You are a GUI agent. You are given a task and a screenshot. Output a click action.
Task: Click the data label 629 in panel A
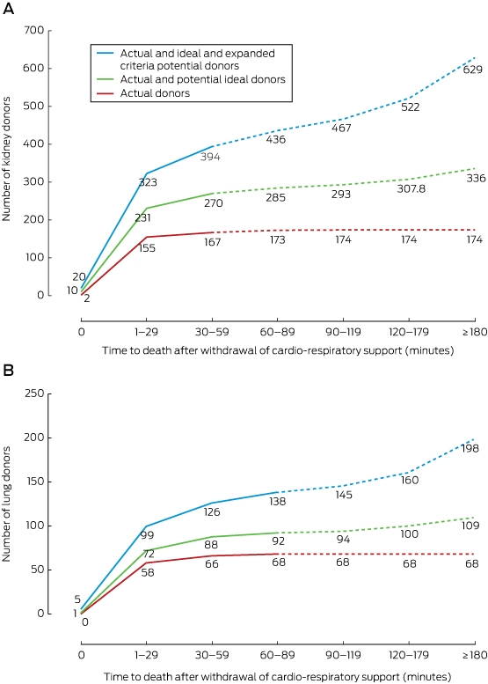pyautogui.click(x=473, y=69)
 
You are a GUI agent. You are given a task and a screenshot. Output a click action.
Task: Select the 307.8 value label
pyautogui.click(x=412, y=189)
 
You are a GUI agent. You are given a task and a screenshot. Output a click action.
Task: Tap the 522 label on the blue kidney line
pyautogui.click(x=410, y=107)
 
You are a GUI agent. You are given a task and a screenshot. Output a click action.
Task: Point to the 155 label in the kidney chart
pyautogui.click(x=147, y=247)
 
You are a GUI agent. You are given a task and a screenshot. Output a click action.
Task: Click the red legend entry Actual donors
pyautogui.click(x=155, y=93)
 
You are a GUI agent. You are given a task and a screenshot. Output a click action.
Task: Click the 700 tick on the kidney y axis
pyautogui.click(x=35, y=30)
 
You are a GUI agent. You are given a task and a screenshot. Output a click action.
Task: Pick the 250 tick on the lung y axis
pyautogui.click(x=35, y=393)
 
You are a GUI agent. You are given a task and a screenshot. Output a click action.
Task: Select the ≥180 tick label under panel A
pyautogui.click(x=475, y=332)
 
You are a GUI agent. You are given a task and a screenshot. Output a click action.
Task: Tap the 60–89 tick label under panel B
pyautogui.click(x=278, y=655)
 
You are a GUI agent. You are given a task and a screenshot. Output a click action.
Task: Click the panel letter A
pyautogui.click(x=8, y=9)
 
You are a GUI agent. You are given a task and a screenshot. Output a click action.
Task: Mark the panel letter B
pyautogui.click(x=8, y=370)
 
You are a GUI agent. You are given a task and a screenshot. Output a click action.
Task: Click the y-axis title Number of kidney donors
pyautogui.click(x=6, y=159)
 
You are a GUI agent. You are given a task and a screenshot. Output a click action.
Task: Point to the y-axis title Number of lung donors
pyautogui.click(x=6, y=504)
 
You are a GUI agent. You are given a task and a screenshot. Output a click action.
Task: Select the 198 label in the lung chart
pyautogui.click(x=470, y=448)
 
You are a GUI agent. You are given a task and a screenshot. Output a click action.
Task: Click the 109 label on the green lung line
pyautogui.click(x=470, y=526)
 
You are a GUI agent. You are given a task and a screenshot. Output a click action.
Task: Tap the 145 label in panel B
pyautogui.click(x=344, y=495)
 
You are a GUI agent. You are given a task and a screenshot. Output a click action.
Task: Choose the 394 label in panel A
pyautogui.click(x=210, y=157)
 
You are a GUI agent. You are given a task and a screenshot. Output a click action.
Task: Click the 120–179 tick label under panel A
pyautogui.click(x=409, y=332)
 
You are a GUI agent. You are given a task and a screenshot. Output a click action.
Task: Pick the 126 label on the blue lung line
pyautogui.click(x=212, y=511)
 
